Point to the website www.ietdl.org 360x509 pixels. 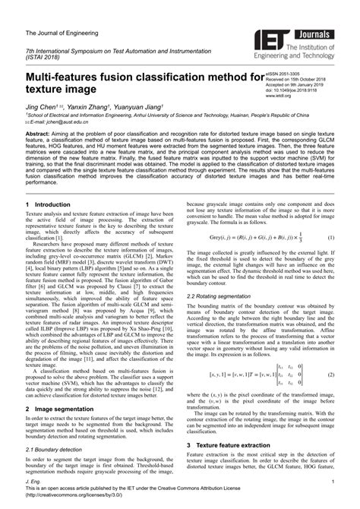pyautogui.click(x=280, y=97)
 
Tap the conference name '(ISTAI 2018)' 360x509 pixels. pyautogui.click(x=45, y=56)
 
